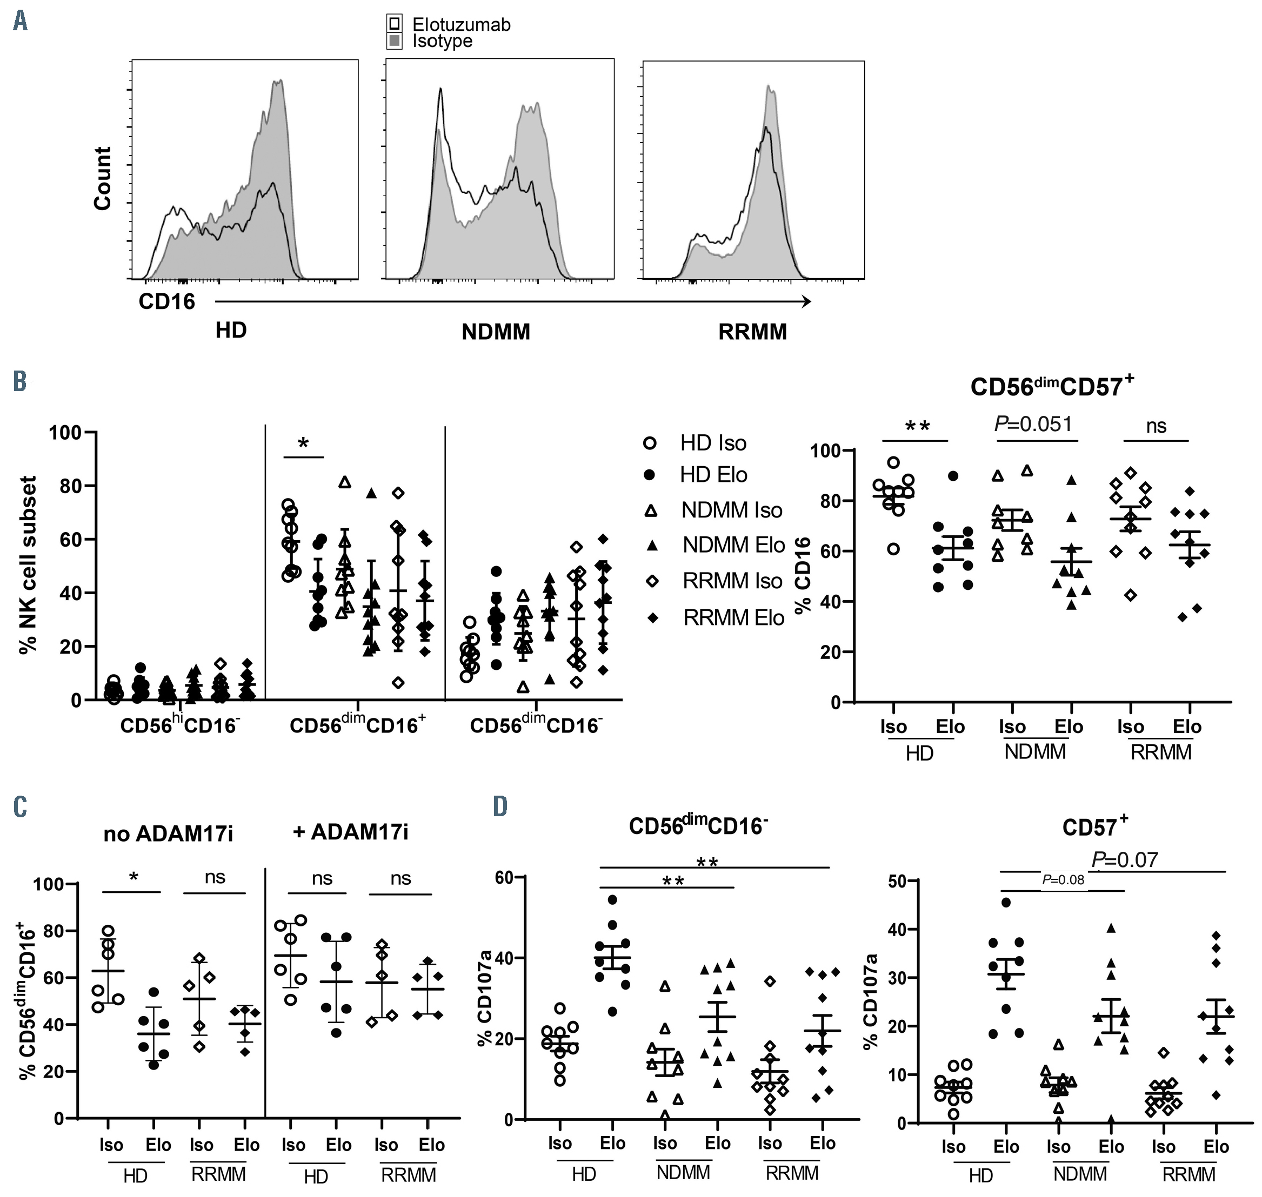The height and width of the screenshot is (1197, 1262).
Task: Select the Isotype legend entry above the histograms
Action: (x=442, y=42)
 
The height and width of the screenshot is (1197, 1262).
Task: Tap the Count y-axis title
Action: (x=103, y=178)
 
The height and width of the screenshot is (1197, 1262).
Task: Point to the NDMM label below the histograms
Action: (x=496, y=332)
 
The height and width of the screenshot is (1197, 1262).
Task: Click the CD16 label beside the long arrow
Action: (x=166, y=302)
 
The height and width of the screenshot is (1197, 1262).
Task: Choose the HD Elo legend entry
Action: (x=713, y=475)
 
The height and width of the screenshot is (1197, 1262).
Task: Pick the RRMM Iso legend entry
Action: (x=732, y=581)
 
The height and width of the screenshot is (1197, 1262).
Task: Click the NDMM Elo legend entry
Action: (x=733, y=545)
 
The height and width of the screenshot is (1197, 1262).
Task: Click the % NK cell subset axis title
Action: (x=29, y=564)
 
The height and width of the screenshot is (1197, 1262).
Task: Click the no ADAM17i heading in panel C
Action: (x=168, y=833)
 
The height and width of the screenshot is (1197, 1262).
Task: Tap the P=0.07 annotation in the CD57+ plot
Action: (x=1125, y=859)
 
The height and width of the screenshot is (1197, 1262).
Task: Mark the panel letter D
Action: (x=500, y=806)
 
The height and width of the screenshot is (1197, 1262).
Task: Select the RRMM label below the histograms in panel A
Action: (x=752, y=332)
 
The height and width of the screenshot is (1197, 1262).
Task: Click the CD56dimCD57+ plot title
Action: (x=1052, y=387)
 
